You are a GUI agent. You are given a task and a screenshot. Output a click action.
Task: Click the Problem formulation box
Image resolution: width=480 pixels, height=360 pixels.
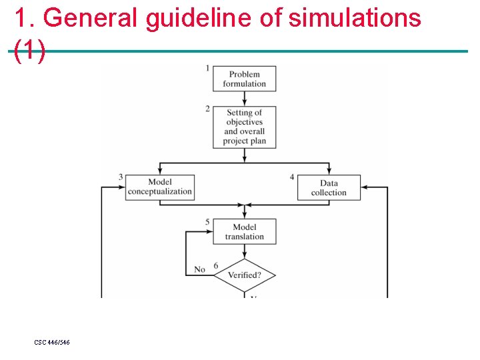coord(244,79)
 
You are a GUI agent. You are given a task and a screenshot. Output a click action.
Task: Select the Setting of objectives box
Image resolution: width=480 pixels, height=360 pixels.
coord(244,127)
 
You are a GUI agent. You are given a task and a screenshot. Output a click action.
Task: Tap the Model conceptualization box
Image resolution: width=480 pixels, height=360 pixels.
coord(160,187)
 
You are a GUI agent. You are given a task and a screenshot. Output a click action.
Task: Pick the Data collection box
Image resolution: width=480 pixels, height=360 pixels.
coord(329,187)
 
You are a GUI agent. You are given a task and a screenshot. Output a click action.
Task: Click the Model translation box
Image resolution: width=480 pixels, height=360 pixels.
coord(244,231)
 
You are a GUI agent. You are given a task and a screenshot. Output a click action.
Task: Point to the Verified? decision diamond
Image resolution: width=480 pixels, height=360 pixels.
coord(244,275)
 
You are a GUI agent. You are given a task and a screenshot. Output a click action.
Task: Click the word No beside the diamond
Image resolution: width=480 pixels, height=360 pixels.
coord(199,269)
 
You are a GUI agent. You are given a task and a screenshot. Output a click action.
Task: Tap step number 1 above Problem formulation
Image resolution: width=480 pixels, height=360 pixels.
coord(207,67)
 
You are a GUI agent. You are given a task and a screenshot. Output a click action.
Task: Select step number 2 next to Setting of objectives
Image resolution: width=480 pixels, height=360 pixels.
coord(207,109)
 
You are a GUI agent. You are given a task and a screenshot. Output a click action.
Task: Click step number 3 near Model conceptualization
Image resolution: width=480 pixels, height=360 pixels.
coord(121,177)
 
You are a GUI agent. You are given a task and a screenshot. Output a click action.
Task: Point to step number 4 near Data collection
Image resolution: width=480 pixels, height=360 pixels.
coord(292,177)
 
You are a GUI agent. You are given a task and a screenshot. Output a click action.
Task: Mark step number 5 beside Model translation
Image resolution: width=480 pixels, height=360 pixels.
coord(207,222)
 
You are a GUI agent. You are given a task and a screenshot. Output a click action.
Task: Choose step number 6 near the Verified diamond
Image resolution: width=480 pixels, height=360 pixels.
coord(215,266)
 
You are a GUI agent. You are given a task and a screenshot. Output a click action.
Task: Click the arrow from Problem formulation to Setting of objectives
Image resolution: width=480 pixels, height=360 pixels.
coord(244,98)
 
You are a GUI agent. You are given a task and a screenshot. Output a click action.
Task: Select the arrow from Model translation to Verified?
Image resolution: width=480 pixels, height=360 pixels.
coord(244,251)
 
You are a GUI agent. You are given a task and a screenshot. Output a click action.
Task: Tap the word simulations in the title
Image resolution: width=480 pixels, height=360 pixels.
coord(355,18)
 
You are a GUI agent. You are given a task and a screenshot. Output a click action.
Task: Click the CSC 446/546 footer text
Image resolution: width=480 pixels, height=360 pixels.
coord(52,342)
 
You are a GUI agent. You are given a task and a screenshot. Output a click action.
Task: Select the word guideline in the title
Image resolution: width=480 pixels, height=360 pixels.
coord(198,18)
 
